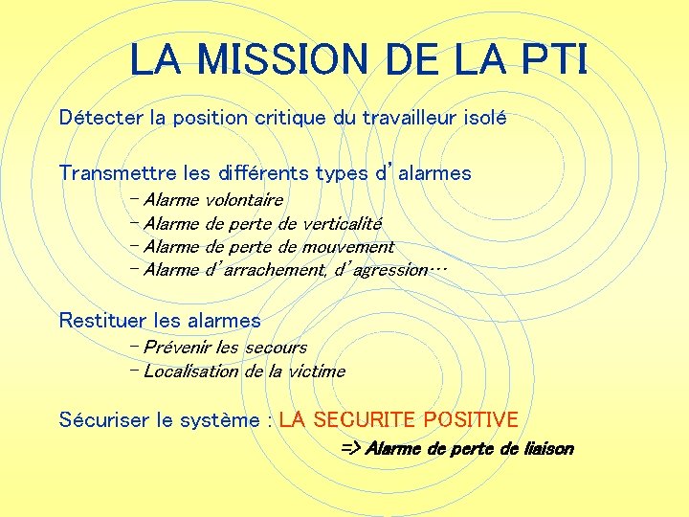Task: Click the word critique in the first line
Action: pos(291,119)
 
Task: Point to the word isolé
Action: pos(480,119)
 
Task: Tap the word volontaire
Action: pos(244,200)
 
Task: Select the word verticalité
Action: pos(342,224)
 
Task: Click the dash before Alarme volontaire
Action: pos(133,199)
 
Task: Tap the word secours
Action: pos(276,348)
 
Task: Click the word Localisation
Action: pos(191,371)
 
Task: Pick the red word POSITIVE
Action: pos(471,420)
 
